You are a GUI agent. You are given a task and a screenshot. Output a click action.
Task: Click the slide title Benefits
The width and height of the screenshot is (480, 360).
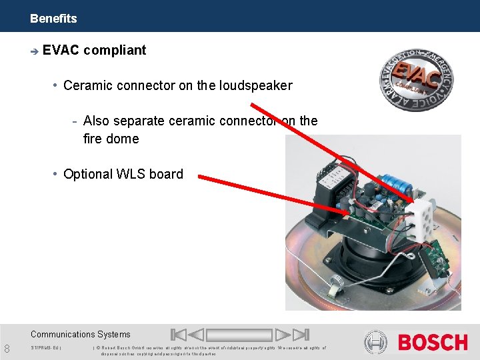53,19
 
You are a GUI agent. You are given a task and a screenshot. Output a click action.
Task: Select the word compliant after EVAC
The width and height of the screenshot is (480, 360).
115,50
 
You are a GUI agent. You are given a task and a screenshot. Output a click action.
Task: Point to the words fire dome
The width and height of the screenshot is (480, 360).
111,139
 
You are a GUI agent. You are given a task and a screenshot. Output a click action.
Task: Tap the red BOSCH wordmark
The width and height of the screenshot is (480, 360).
433,343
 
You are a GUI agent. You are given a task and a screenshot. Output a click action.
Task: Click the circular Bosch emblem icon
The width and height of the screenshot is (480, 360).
375,343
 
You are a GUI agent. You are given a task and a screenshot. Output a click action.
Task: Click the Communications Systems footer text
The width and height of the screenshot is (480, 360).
80,334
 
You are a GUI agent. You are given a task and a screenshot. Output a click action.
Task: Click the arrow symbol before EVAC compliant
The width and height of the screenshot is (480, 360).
34,51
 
